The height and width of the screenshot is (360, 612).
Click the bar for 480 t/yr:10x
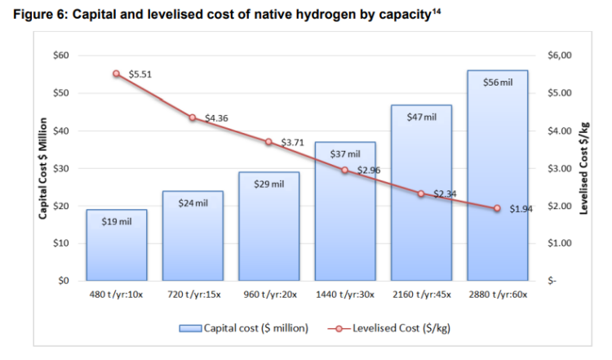pyautogui.click(x=117, y=245)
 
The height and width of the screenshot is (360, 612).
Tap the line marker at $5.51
pyautogui.click(x=117, y=73)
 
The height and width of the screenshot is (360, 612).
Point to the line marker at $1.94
pyautogui.click(x=497, y=208)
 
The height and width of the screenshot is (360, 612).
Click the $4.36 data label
pyautogui.click(x=216, y=118)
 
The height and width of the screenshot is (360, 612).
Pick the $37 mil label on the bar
pyautogui.click(x=345, y=153)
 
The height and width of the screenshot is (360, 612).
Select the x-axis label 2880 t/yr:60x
pyautogui.click(x=497, y=294)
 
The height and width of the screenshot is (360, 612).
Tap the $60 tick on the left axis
pyautogui.click(x=61, y=56)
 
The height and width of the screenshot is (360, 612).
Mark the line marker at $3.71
pyautogui.click(x=268, y=142)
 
